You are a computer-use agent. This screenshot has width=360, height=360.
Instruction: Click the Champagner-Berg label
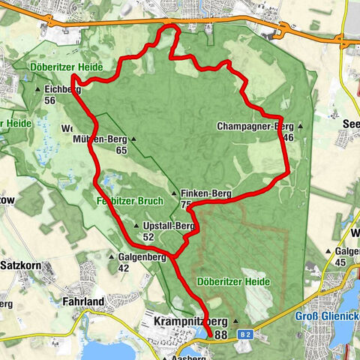pos(253,126)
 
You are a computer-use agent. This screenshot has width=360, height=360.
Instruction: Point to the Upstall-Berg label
pos(169,226)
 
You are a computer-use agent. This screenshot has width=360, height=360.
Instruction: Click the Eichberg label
pos(61,89)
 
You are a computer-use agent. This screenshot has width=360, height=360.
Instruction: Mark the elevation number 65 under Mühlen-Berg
pos(121,151)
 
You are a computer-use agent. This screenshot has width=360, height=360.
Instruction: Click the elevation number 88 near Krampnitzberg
pos(221,334)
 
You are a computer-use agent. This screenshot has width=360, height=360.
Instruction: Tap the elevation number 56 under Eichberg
pos(50,100)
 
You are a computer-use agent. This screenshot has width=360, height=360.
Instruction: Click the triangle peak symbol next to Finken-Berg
pos(174,193)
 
